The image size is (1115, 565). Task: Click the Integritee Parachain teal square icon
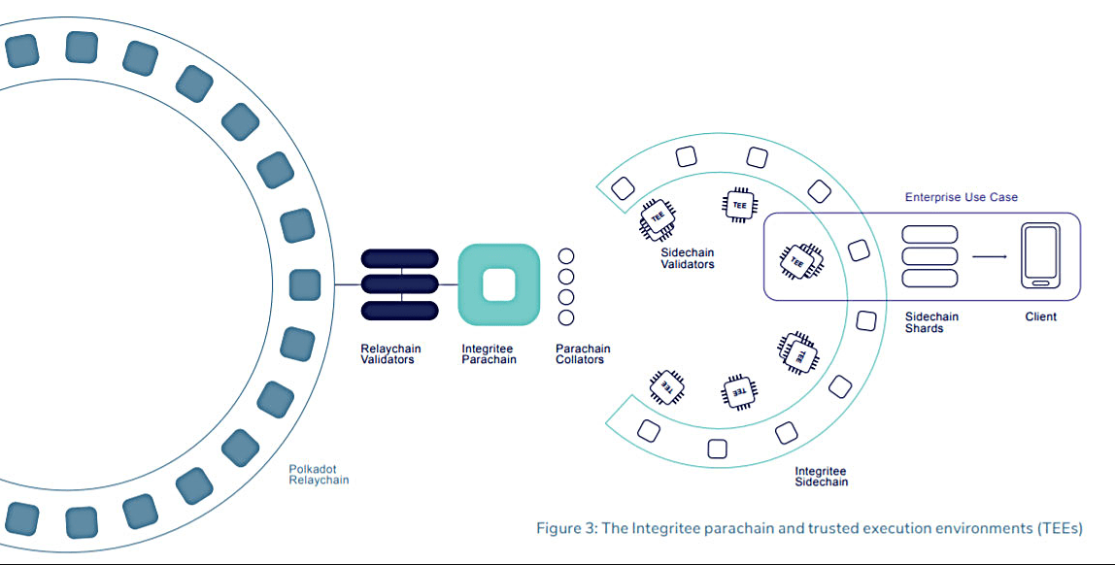pyautogui.click(x=498, y=284)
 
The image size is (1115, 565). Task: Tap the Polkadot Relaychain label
pyautogui.click(x=319, y=474)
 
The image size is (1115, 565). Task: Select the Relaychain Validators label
pyautogui.click(x=388, y=354)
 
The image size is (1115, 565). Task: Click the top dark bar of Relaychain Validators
pyautogui.click(x=399, y=259)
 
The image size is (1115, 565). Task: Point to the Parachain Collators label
pyautogui.click(x=583, y=354)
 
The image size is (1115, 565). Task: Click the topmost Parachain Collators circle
pyautogui.click(x=566, y=256)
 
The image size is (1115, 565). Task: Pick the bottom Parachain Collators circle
pyautogui.click(x=566, y=317)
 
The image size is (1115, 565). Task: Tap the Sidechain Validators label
pyautogui.click(x=688, y=258)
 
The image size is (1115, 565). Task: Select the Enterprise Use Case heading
pyautogui.click(x=961, y=198)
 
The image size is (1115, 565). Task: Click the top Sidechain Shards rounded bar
pyautogui.click(x=929, y=234)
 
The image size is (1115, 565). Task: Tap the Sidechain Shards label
pyautogui.click(x=931, y=322)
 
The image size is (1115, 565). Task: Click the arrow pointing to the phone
pyautogui.click(x=989, y=256)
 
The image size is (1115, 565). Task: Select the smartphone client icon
pyautogui.click(x=1040, y=255)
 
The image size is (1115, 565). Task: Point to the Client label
pyautogui.click(x=1040, y=317)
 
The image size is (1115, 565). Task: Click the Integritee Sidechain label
pyautogui.click(x=821, y=476)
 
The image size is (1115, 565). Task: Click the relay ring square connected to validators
pyautogui.click(x=305, y=284)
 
